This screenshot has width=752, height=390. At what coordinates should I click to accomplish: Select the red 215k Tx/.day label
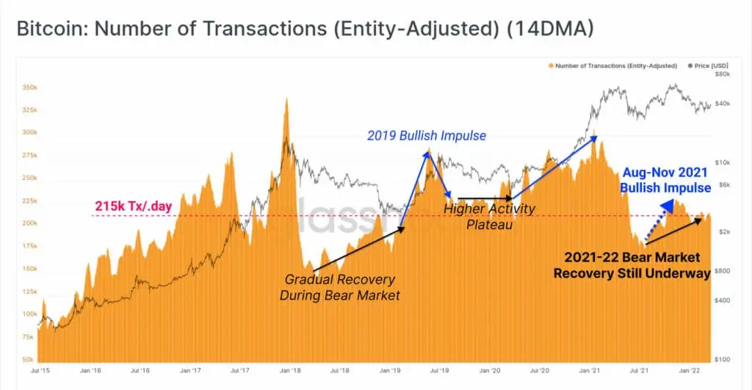pyautogui.click(x=133, y=207)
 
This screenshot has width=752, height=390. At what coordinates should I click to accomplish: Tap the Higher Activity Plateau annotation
pyautogui.click(x=490, y=217)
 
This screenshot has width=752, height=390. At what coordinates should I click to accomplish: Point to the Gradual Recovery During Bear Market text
pyautogui.click(x=340, y=287)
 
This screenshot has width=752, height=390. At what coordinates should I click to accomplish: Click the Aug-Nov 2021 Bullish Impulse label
pyautogui.click(x=665, y=180)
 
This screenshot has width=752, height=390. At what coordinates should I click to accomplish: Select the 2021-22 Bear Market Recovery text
pyautogui.click(x=632, y=265)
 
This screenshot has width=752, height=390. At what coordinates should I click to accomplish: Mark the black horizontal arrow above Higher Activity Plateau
pyautogui.click(x=484, y=198)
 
